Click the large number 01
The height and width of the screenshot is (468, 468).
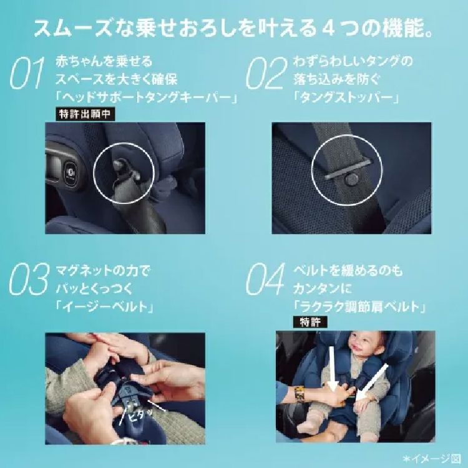pyautogui.click(x=27, y=73)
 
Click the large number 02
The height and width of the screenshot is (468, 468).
pyautogui.click(x=266, y=73)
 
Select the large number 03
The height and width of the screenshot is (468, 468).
pyautogui.click(x=29, y=279)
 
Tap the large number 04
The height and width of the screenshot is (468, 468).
pyautogui.click(x=266, y=279)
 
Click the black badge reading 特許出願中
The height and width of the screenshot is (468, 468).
pyautogui.click(x=85, y=114)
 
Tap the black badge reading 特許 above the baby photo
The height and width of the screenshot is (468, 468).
pyautogui.click(x=310, y=322)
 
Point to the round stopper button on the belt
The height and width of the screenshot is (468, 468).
pyautogui.click(x=351, y=179)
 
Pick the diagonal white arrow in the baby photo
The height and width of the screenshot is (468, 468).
pyautogui.click(x=371, y=382)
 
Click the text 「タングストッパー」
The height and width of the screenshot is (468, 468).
pyautogui.click(x=346, y=97)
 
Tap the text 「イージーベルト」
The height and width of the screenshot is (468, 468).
pyautogui.click(x=104, y=307)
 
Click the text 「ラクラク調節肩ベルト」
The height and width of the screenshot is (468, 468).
pyautogui.click(x=359, y=307)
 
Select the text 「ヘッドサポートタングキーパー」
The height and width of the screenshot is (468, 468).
pyautogui.click(x=146, y=97)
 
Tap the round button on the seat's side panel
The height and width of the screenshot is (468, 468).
pyautogui.click(x=71, y=172)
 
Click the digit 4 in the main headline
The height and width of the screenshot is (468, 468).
pyautogui.click(x=328, y=29)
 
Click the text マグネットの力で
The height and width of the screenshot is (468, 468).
pyautogui.click(x=104, y=271)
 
